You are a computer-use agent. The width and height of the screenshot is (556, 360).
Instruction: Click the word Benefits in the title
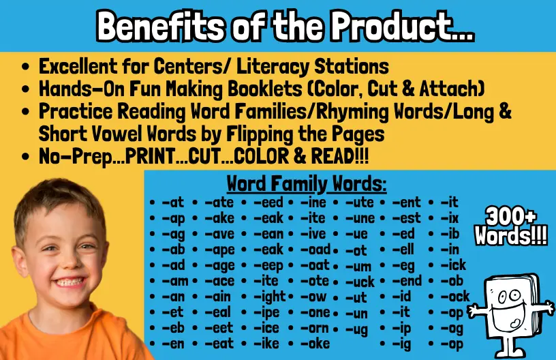pyautogui.click(x=160, y=27)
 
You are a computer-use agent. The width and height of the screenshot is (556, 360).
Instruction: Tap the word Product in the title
pyautogui.click(x=402, y=27)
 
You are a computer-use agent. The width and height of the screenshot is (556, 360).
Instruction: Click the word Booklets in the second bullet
pyautogui.click(x=265, y=89)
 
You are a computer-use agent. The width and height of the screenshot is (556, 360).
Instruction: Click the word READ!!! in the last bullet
pyautogui.click(x=340, y=156)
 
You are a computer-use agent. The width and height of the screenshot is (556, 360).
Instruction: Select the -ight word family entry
pyautogui.click(x=270, y=297)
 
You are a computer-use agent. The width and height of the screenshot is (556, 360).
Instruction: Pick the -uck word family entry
pyautogui.click(x=360, y=282)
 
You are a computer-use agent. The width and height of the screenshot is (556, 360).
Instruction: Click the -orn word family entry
pyautogui.click(x=315, y=328)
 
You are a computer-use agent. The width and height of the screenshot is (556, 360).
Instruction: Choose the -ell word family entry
pyautogui.click(x=403, y=250)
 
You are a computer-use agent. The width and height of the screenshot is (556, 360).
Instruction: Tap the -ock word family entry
pyautogui.click(x=455, y=296)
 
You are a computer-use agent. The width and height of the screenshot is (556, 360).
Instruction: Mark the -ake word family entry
pyautogui.click(x=219, y=218)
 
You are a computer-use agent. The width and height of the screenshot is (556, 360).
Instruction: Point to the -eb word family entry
pyautogui.click(x=173, y=328)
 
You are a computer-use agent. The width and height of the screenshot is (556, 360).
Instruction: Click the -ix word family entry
pyautogui.click(x=450, y=218)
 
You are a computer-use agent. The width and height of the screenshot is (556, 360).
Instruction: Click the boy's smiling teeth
pyautogui.click(x=69, y=282)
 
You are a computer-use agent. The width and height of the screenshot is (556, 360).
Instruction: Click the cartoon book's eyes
pyautogui.click(x=508, y=296)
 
